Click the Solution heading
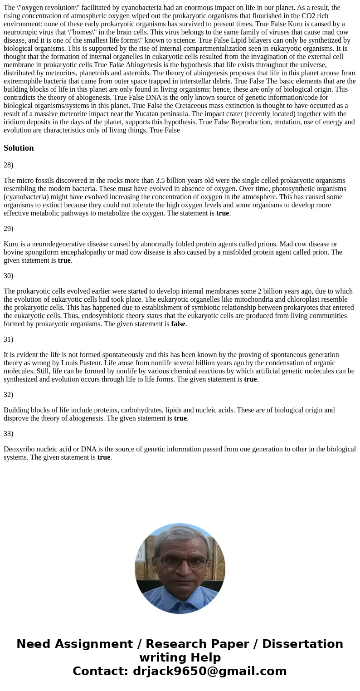point(19,148)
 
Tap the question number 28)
point(9,165)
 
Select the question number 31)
point(9,339)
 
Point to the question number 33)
point(9,434)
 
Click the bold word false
point(178,324)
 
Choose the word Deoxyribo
point(19,449)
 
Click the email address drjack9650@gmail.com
point(209,671)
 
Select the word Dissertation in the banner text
point(302,644)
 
